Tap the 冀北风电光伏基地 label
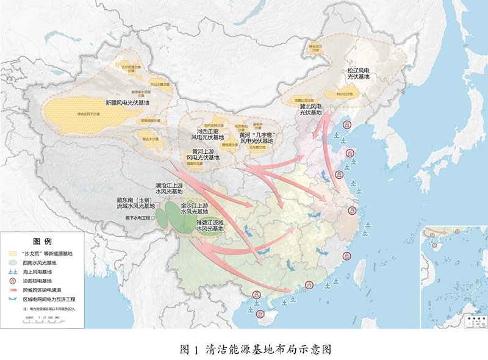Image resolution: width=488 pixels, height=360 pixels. [310, 109]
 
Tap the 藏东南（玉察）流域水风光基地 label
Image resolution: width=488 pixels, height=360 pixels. [136, 203]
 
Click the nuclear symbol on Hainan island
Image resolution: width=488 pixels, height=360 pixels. [261, 315]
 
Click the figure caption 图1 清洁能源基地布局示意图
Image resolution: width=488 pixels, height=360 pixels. [256, 350]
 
